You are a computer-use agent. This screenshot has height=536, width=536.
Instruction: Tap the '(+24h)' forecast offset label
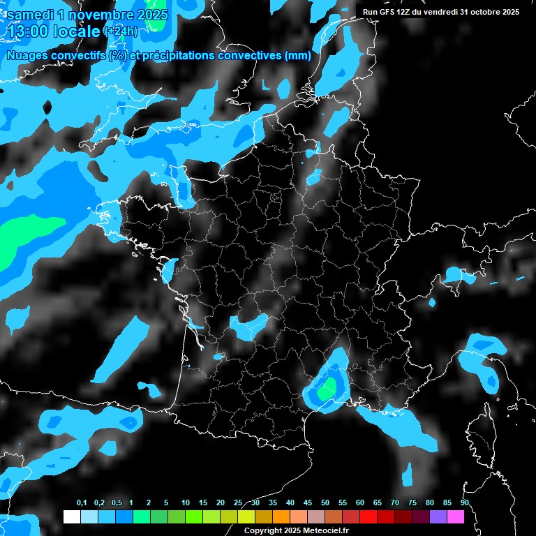tap(121, 31)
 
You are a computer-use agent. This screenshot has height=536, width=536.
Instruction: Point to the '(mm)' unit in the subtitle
tap(298, 56)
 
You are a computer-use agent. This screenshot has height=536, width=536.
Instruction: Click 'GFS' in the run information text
tap(395, 12)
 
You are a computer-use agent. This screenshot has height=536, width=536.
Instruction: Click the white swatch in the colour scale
tap(71, 517)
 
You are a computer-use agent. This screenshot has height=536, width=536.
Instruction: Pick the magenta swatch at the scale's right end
tap(456, 517)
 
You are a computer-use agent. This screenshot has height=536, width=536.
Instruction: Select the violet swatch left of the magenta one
tap(438, 517)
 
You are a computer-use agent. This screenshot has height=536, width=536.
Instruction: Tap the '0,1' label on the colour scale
tap(82, 503)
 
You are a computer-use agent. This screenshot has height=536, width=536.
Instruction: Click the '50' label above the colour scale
tap(325, 503)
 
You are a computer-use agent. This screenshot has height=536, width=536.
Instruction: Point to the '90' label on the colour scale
tap(465, 503)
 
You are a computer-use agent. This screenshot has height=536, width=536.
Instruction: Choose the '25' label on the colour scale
tap(238, 503)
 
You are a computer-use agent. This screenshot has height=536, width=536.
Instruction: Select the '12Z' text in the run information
tap(413, 12)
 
